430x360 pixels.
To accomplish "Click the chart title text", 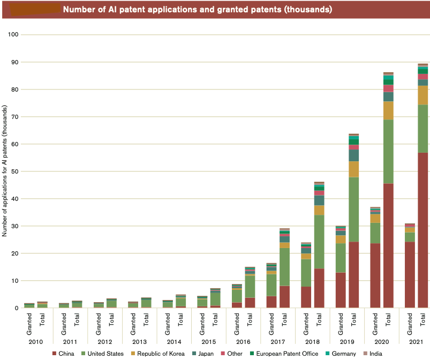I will point(197,10).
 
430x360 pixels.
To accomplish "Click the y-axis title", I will point(5,171).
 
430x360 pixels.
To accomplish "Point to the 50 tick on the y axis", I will point(14,171).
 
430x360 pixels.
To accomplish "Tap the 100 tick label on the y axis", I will point(13,35).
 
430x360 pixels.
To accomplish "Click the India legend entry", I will point(373,354).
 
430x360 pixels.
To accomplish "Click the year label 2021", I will point(417,341).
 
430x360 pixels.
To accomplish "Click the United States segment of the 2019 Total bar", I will point(353,209).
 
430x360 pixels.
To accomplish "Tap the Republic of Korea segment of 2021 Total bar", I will point(423,95).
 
